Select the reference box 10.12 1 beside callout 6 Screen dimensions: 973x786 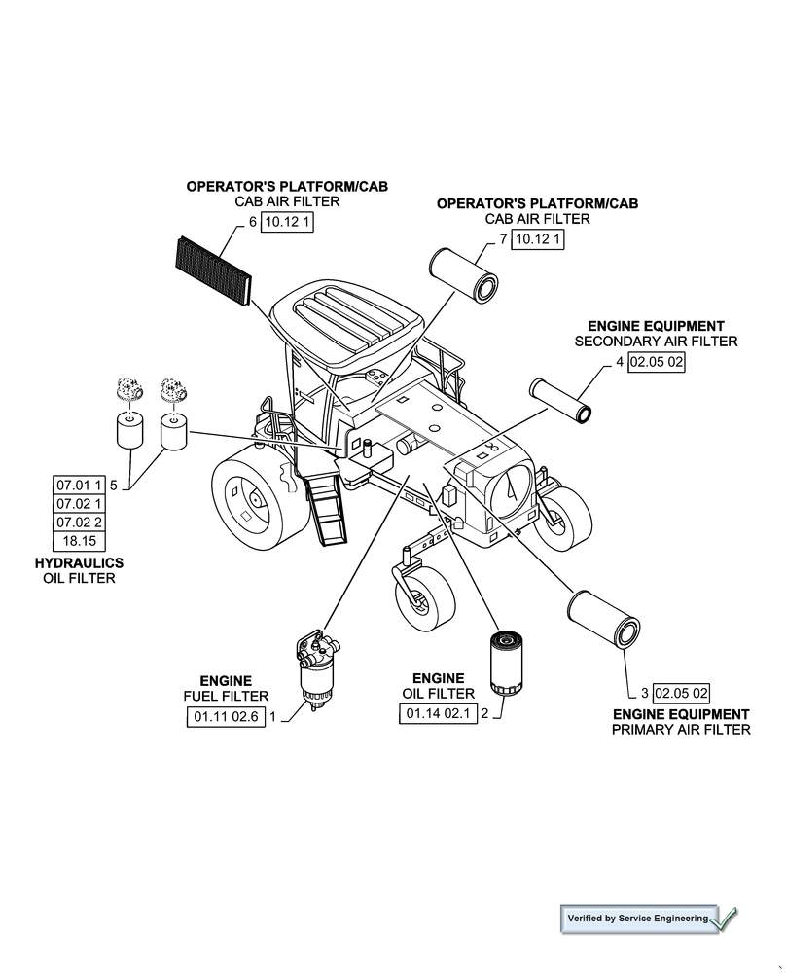point(290,222)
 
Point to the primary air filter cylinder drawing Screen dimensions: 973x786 point(603,619)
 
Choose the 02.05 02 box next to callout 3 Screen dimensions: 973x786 point(681,693)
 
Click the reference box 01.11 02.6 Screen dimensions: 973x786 point(225,717)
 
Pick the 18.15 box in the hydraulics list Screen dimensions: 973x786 point(80,542)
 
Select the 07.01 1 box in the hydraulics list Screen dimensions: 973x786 point(79,485)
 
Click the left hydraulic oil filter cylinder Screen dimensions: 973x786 point(128,430)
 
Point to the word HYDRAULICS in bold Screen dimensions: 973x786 point(79,563)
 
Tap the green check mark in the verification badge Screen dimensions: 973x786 point(725,917)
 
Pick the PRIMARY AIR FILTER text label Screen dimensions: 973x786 point(681,729)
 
